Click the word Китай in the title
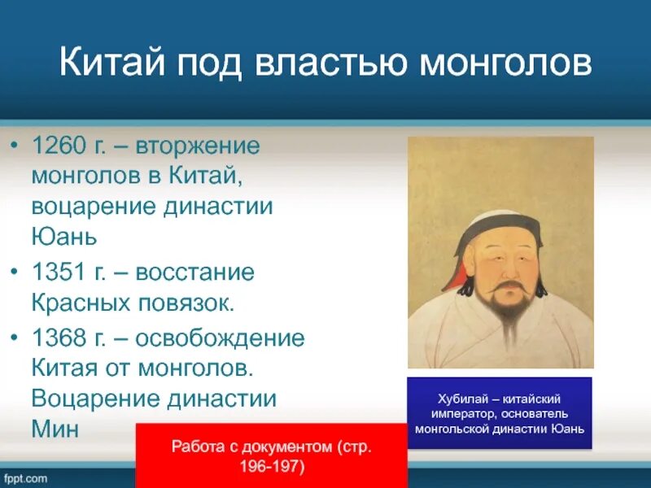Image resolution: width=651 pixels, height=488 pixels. pos(112,62)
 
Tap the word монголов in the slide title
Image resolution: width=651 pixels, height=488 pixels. pos(505,63)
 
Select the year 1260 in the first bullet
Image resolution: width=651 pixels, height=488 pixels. pos(58,146)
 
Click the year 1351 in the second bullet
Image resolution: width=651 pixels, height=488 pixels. pos(58,272)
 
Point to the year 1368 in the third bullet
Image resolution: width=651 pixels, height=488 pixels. pos(58,338)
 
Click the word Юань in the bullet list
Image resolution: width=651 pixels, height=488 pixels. pos(64,237)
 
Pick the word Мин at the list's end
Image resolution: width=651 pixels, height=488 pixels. pos(55,429)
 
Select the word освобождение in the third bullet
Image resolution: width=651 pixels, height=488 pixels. pos(220,338)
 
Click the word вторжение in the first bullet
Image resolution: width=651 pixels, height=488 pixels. pos(198,146)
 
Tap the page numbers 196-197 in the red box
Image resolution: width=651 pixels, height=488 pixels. pos(272,466)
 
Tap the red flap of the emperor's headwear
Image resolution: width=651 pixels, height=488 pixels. pos(455,279)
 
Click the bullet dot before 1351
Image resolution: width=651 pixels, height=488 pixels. pos(15,272)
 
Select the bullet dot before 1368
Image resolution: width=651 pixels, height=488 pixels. pos(15,338)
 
